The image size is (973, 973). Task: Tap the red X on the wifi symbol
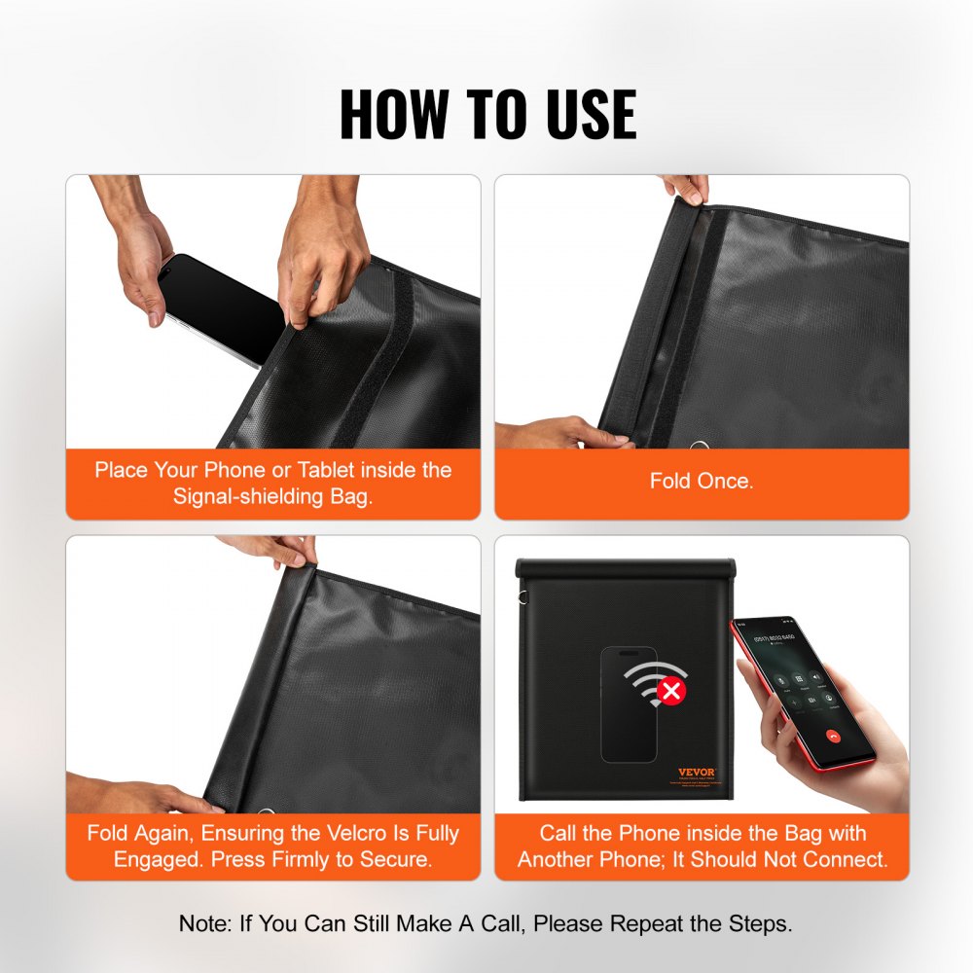[x=670, y=692]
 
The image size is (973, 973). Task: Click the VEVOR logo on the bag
[x=696, y=772]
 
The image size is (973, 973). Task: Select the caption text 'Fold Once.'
[x=701, y=481]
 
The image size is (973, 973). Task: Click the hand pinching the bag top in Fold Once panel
[x=686, y=188]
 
